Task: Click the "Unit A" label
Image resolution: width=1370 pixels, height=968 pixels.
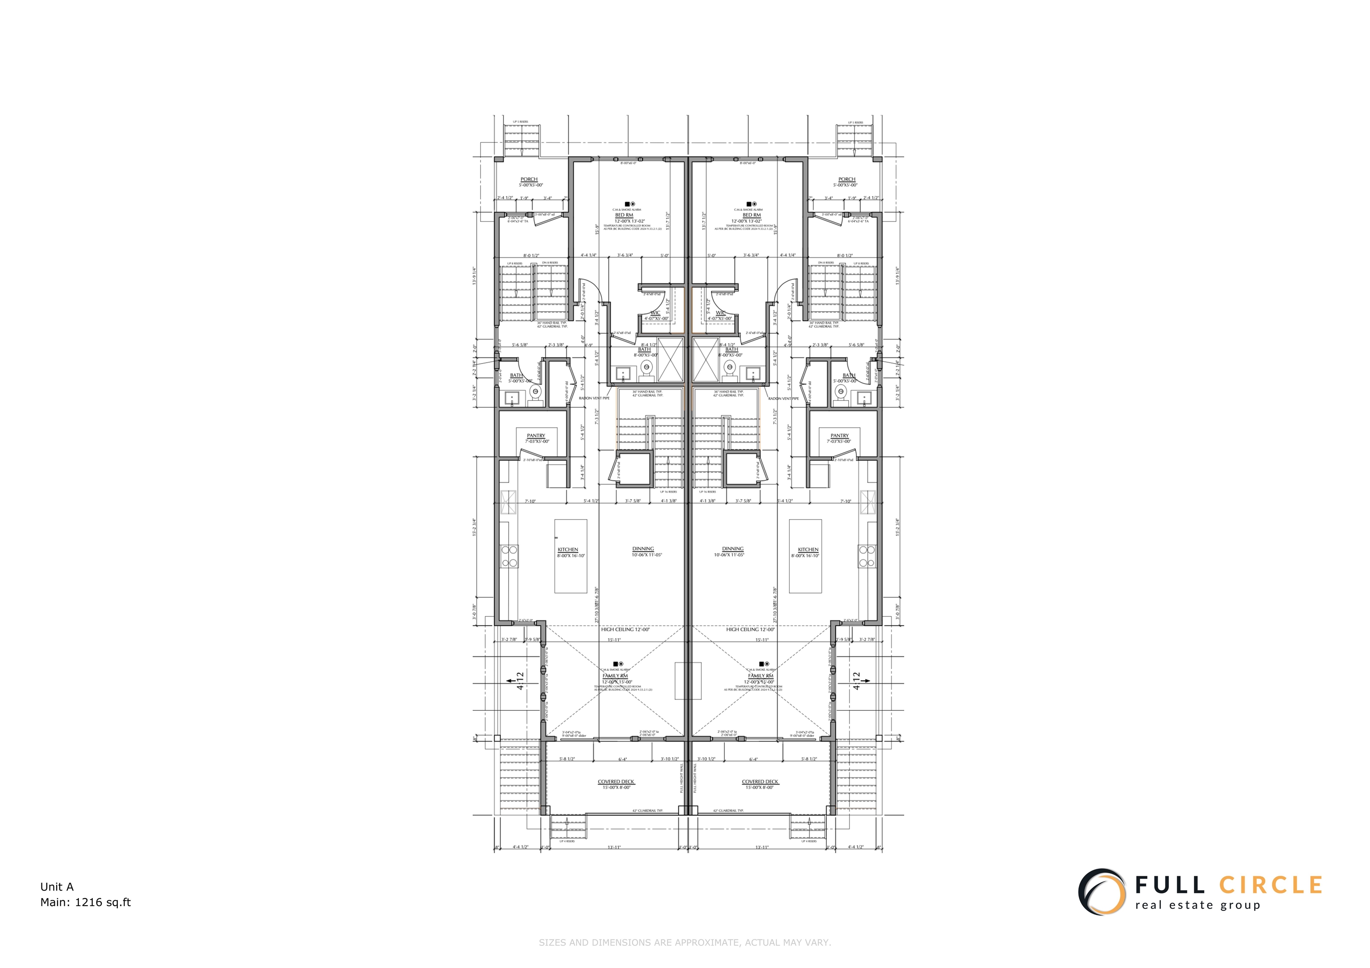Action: coord(57,887)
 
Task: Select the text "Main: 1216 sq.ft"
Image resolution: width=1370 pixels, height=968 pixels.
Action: coord(85,902)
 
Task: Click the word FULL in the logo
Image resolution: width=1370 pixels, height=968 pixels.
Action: coord(1169,885)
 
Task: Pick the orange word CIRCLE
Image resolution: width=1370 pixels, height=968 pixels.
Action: coord(1271,885)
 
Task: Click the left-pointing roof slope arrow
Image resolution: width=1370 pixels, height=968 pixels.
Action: coord(512,680)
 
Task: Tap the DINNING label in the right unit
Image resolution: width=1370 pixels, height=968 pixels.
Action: coord(733,549)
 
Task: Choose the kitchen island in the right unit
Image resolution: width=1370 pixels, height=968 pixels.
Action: coord(805,556)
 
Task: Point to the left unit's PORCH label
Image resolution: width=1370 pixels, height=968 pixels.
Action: coord(528,179)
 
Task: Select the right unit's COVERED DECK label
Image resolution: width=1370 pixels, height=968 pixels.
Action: coord(760,781)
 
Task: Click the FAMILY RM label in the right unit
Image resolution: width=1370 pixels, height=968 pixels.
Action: coord(760,676)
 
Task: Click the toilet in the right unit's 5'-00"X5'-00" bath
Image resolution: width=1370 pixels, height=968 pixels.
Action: coord(841,394)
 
